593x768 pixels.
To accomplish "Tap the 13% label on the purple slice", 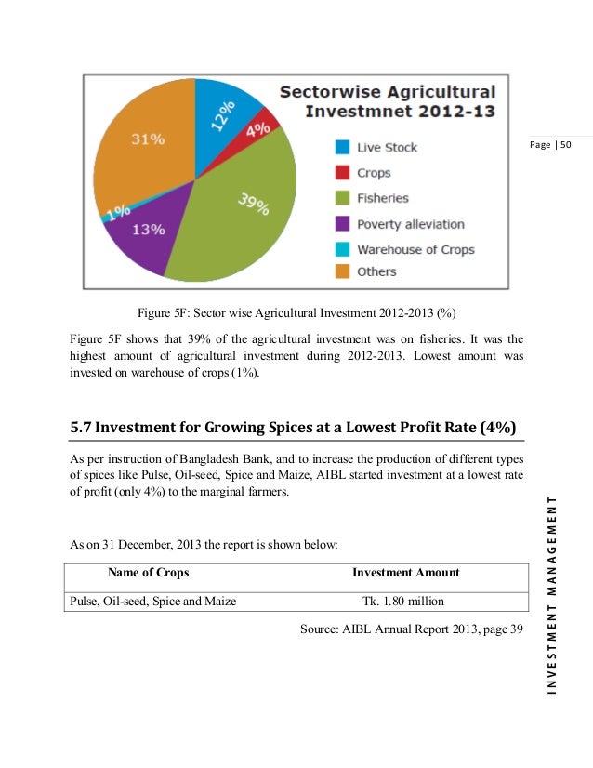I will pyautogui.click(x=149, y=229).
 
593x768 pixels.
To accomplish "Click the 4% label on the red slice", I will pyautogui.click(x=258, y=127).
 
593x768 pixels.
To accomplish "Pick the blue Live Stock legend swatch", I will pyautogui.click(x=342, y=147).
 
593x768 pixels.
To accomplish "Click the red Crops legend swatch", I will pyautogui.click(x=342, y=172).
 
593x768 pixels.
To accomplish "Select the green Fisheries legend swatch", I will pyautogui.click(x=342, y=198).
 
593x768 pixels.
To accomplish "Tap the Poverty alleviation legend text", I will pyautogui.click(x=410, y=224).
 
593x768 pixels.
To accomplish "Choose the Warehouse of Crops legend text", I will pyautogui.click(x=415, y=249).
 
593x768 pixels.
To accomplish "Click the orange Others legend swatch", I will pyautogui.click(x=342, y=271).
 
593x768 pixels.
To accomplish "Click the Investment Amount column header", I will pyautogui.click(x=405, y=573).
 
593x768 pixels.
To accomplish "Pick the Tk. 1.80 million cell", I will pyautogui.click(x=404, y=601).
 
